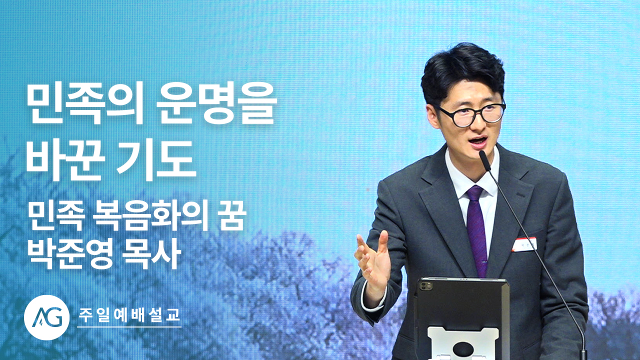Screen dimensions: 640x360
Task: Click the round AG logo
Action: (47, 317)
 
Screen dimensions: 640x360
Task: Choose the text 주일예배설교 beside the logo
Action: (129, 315)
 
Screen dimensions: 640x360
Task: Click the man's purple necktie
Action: (476, 228)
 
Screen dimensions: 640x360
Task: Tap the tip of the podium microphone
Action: (482, 155)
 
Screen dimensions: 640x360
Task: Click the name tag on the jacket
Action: (524, 245)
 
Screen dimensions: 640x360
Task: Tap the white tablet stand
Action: (462, 343)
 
